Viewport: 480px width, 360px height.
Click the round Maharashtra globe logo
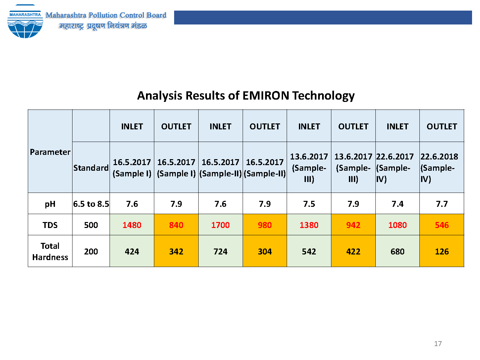pos(25,22)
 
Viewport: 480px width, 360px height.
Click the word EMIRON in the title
pos(266,96)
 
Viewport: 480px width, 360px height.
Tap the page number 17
pos(438,343)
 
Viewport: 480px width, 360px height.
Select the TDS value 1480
pos(132,225)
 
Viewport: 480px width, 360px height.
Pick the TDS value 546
pos(442,225)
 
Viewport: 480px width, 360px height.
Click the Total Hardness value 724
pos(220,251)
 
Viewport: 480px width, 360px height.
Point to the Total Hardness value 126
pos(442,251)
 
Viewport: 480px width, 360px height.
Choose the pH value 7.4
pos(398,204)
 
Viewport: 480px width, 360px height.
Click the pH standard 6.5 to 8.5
pos(91,204)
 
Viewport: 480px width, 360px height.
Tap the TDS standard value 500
pos(91,225)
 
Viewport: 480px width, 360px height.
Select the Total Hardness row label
pos(50,251)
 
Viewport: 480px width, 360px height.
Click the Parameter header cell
pos(50,152)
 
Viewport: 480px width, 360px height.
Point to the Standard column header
pos(91,168)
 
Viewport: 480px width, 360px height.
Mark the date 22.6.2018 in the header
pos(439,157)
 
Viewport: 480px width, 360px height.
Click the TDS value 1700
pos(220,225)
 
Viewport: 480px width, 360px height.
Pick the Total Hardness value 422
pos(353,251)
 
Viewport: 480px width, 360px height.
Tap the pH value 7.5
pos(309,204)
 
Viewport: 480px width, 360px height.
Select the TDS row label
pos(50,225)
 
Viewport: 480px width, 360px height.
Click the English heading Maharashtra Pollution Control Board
pos(106,15)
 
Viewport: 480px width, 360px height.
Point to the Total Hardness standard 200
pos(91,251)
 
